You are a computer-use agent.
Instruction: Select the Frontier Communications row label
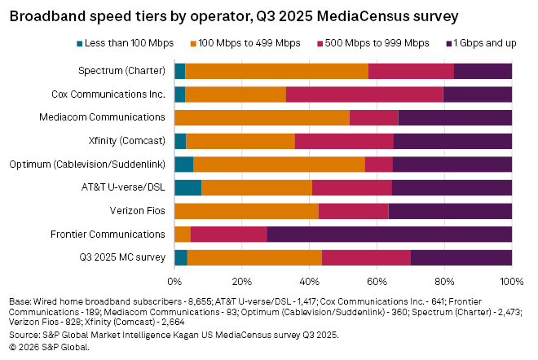point(107,235)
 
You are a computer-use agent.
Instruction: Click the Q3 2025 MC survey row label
point(120,258)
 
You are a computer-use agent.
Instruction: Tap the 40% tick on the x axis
point(309,282)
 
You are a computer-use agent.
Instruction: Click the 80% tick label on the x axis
point(444,282)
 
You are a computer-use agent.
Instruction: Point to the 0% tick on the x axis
point(174,282)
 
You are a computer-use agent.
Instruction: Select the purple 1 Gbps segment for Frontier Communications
point(389,235)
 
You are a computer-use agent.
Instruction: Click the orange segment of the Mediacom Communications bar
point(262,117)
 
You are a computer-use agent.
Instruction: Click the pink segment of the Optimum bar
point(378,165)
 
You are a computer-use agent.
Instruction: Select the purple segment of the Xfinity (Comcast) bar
point(452,141)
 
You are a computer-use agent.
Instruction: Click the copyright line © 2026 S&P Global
point(49,347)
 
